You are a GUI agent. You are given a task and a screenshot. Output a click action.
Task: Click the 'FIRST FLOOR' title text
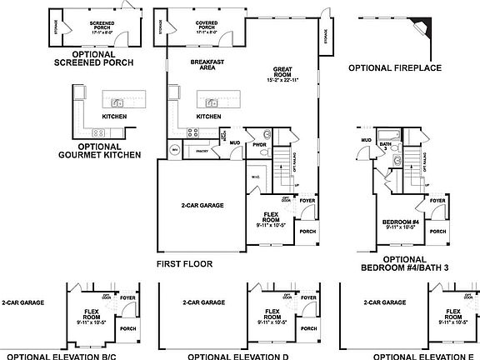[x=184, y=263]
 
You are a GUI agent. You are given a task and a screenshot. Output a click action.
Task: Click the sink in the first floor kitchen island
[x=212, y=103]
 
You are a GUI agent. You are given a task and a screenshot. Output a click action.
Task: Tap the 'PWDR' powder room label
[x=259, y=142]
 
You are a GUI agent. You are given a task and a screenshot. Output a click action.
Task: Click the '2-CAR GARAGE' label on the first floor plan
[x=202, y=204]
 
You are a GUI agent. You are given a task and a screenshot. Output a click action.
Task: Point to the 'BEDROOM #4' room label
[x=399, y=222]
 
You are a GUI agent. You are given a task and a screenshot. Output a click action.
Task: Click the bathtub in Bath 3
[x=389, y=134]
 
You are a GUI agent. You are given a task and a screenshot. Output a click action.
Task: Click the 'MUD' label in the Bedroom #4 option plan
[x=365, y=140]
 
